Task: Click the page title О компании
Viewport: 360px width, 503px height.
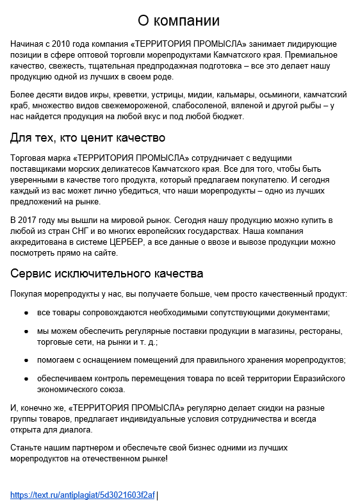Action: tap(179, 21)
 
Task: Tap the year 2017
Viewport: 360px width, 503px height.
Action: tap(33, 220)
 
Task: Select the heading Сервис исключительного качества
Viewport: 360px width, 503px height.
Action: tap(107, 274)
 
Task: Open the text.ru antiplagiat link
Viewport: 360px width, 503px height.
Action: tap(83, 495)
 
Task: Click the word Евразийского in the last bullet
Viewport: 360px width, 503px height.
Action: tap(318, 378)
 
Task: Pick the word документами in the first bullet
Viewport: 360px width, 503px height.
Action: tap(304, 313)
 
